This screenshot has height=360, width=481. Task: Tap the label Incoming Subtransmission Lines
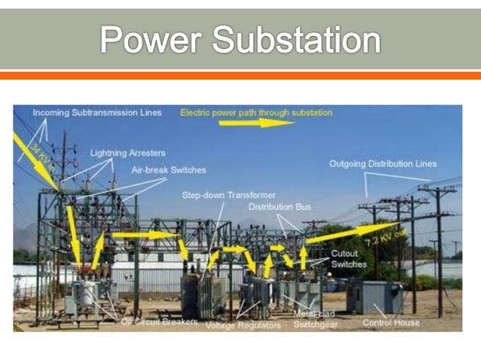97,113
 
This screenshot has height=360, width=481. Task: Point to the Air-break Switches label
168,170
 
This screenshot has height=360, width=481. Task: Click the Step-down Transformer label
228,195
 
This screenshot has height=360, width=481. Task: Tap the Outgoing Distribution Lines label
382,164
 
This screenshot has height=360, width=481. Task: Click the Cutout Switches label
348,259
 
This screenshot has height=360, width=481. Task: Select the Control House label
391,323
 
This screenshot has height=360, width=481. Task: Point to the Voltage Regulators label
243,325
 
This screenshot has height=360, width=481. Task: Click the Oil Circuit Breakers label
160,322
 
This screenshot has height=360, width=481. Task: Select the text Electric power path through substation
256,113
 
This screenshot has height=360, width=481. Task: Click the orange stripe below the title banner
240,75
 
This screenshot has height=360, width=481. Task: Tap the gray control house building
375,297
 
